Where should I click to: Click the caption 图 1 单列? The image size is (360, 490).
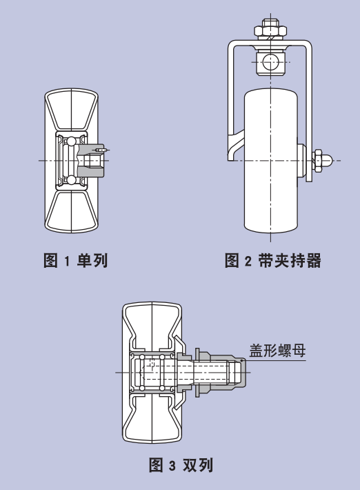point(76,260)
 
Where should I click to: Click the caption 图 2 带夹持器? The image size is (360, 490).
point(273,260)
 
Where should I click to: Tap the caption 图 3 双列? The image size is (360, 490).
point(181,465)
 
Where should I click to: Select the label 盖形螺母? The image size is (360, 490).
point(277,351)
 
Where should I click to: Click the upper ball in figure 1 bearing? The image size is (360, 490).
point(72,141)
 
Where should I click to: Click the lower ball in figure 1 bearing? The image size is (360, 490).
point(72,179)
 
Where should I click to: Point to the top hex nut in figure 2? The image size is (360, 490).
point(270,30)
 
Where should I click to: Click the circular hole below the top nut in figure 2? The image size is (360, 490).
point(270,62)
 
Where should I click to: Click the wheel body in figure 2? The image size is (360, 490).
point(271,161)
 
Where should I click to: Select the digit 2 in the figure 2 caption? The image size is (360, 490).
point(248,261)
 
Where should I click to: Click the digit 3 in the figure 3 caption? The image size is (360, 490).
point(172,466)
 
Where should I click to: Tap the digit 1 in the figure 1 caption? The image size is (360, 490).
point(66,261)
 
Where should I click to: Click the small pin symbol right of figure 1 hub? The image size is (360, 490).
point(102,150)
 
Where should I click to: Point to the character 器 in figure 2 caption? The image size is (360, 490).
point(314,260)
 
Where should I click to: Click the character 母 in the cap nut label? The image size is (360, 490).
point(299,351)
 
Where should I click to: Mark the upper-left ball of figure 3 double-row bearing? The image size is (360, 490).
point(142,357)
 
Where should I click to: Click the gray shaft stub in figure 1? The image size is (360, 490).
point(90,161)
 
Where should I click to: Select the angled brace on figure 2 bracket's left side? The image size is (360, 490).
point(234,144)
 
